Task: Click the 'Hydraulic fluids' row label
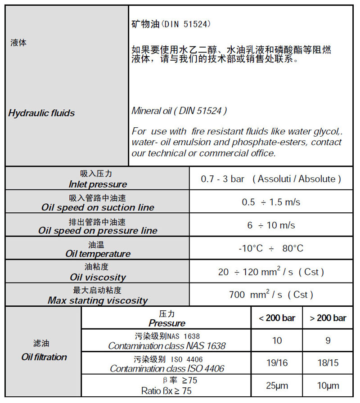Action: pos(41,113)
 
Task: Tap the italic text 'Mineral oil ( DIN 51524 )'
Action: pos(179,111)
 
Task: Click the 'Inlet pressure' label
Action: pos(98,184)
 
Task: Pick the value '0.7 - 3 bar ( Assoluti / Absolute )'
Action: pos(271,179)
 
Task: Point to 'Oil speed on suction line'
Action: pos(98,208)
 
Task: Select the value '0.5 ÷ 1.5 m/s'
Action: pos(271,202)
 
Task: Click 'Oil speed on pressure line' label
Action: pos(98,231)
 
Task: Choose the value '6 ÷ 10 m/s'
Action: pos(271,225)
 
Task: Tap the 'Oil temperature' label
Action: pos(98,254)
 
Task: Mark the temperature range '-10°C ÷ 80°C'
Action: pos(271,248)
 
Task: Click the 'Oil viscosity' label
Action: pos(98,278)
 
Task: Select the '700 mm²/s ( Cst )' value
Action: pos(271,295)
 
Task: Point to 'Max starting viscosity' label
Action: pos(98,300)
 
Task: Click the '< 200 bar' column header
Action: pos(277,318)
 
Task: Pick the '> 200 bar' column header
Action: pos(328,318)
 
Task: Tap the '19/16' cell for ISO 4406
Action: pos(277,363)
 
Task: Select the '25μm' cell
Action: pos(277,386)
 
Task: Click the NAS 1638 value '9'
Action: pos(328,340)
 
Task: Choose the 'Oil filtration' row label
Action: pos(44,357)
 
